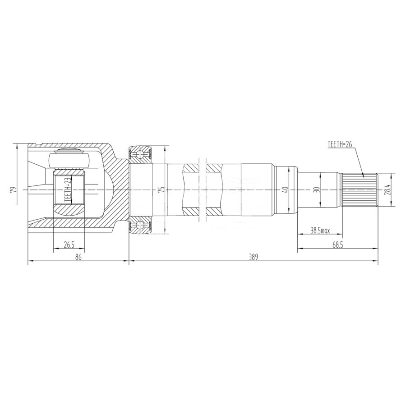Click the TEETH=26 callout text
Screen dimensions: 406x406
click(x=340, y=144)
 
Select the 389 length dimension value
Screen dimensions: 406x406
click(x=253, y=257)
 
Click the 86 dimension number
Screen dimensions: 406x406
click(x=78, y=257)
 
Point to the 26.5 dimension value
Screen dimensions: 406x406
click(x=69, y=245)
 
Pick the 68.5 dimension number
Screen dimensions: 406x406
click(x=337, y=245)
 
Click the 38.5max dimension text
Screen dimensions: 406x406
click(x=320, y=231)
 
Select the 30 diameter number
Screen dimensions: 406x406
click(x=315, y=190)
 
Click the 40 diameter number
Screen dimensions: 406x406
click(x=286, y=190)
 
